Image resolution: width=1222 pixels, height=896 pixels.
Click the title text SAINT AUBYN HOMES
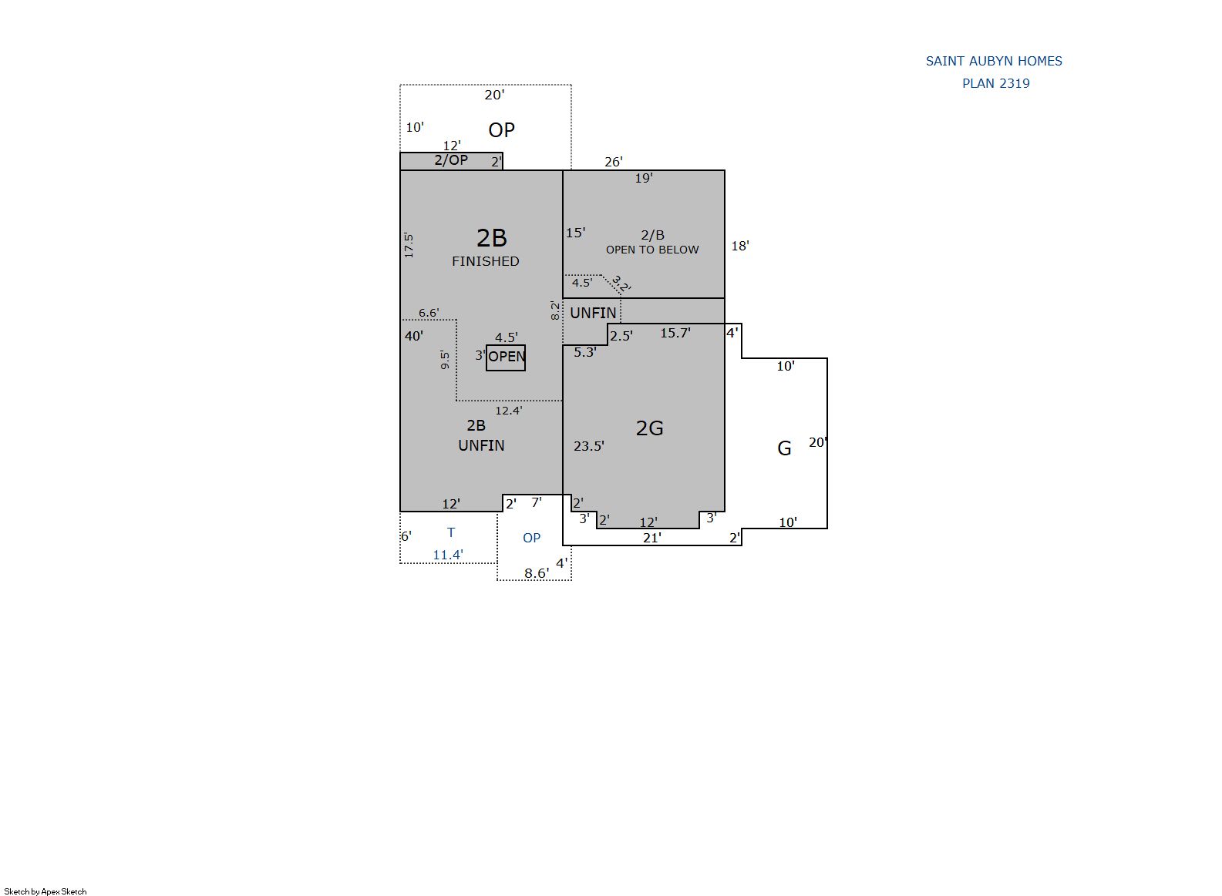(994, 61)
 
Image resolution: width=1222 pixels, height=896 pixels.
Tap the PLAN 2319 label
(995, 83)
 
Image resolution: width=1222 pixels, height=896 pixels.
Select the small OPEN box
(506, 357)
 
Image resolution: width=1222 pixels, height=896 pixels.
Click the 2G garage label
(649, 428)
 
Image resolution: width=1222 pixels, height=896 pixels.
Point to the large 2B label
(492, 237)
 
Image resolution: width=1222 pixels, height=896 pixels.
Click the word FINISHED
(486, 261)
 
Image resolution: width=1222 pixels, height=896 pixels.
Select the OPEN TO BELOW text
(652, 250)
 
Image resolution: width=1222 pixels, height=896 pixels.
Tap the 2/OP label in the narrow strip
(450, 159)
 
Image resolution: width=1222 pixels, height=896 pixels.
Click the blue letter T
(450, 532)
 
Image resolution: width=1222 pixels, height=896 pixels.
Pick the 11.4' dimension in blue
(448, 555)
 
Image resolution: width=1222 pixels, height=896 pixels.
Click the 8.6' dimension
(537, 572)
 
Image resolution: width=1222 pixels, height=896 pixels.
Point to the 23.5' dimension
(588, 446)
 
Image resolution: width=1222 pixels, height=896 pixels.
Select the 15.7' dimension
(675, 333)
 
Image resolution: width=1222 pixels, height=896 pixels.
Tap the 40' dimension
(413, 336)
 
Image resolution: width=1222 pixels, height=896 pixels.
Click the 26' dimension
(613, 161)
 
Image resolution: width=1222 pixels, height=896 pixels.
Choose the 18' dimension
(739, 246)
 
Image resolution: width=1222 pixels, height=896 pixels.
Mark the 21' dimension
(652, 538)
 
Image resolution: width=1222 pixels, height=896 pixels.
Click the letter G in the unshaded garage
(784, 448)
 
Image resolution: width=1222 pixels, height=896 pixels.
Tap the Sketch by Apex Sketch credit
(45, 891)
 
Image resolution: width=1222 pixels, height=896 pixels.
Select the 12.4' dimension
(508, 411)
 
